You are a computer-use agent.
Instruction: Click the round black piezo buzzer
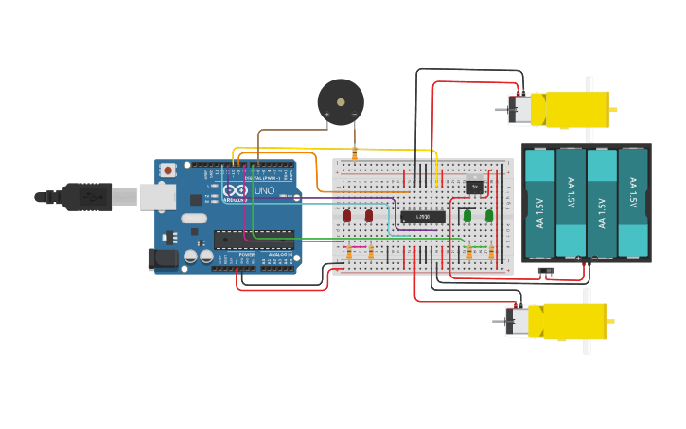pyautogui.click(x=341, y=102)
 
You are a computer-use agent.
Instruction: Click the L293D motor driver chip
pyautogui.click(x=422, y=217)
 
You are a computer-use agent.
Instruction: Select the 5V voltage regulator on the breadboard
pyautogui.click(x=475, y=187)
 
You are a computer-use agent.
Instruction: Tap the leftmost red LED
pyautogui.click(x=347, y=216)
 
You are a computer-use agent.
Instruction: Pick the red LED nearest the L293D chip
pyautogui.click(x=369, y=216)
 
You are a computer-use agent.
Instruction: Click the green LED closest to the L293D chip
pyautogui.click(x=467, y=216)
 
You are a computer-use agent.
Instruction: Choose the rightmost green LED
pyautogui.click(x=489, y=216)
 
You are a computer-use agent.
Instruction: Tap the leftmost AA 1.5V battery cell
pyautogui.click(x=539, y=203)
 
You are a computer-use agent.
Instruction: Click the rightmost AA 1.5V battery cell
pyautogui.click(x=633, y=203)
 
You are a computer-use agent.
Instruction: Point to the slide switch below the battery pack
pyautogui.click(x=546, y=271)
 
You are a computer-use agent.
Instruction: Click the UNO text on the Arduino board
pyautogui.click(x=265, y=191)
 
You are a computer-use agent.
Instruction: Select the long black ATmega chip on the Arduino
pyautogui.click(x=254, y=238)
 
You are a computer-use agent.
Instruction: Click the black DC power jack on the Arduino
pyautogui.click(x=163, y=258)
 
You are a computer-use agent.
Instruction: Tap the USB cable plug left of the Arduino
pyautogui.click(x=90, y=197)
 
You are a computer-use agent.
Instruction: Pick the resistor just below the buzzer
pyautogui.click(x=354, y=153)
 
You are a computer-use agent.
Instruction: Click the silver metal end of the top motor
pyautogui.click(x=519, y=109)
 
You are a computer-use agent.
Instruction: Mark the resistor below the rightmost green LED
pyautogui.click(x=491, y=252)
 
